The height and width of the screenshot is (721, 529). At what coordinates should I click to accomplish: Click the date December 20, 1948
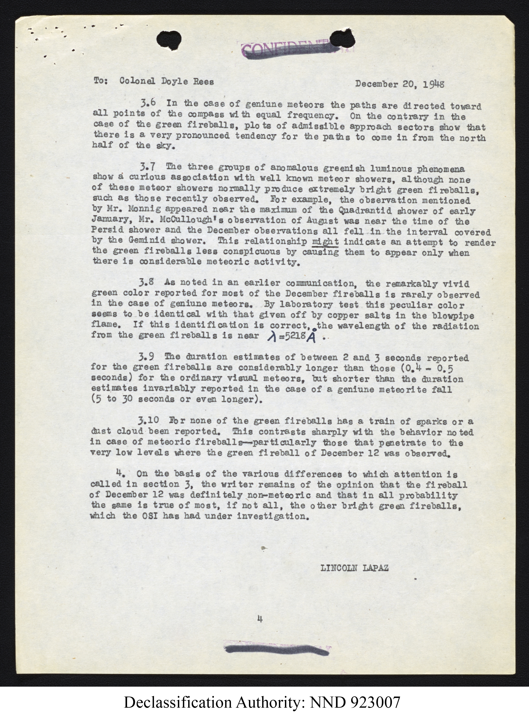(x=400, y=84)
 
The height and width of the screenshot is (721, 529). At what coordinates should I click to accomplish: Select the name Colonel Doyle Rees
(x=166, y=81)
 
